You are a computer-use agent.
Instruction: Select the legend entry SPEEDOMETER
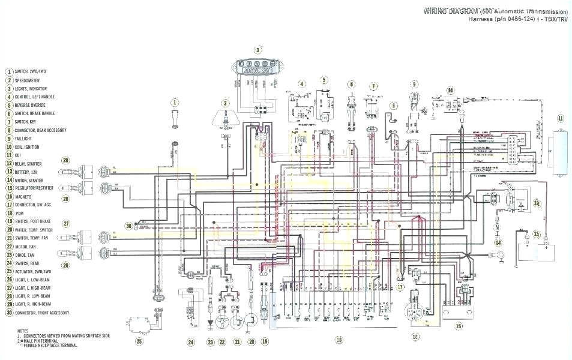(30, 80)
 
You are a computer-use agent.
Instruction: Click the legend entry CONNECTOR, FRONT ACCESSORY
(41, 313)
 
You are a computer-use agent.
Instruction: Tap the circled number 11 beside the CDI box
(561, 118)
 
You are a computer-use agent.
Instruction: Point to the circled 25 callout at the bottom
(139, 342)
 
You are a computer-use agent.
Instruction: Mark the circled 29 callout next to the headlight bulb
(65, 160)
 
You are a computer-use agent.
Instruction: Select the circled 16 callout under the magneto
(415, 337)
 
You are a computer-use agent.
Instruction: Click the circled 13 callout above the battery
(537, 234)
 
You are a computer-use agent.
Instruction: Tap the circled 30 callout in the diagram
(128, 226)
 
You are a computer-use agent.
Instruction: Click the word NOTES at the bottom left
(23, 331)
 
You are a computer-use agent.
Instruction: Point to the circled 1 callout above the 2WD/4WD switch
(175, 103)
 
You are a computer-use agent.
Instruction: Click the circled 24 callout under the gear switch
(191, 342)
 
